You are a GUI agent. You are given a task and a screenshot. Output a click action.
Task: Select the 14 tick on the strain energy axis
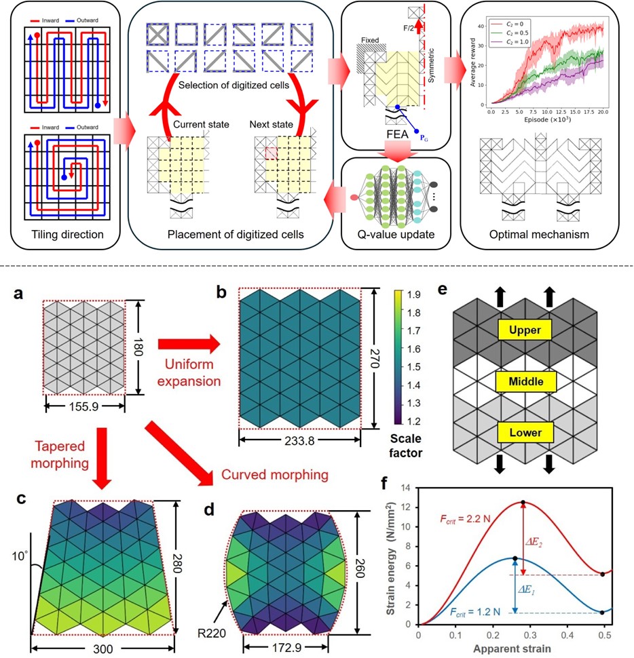pos(407,487)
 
